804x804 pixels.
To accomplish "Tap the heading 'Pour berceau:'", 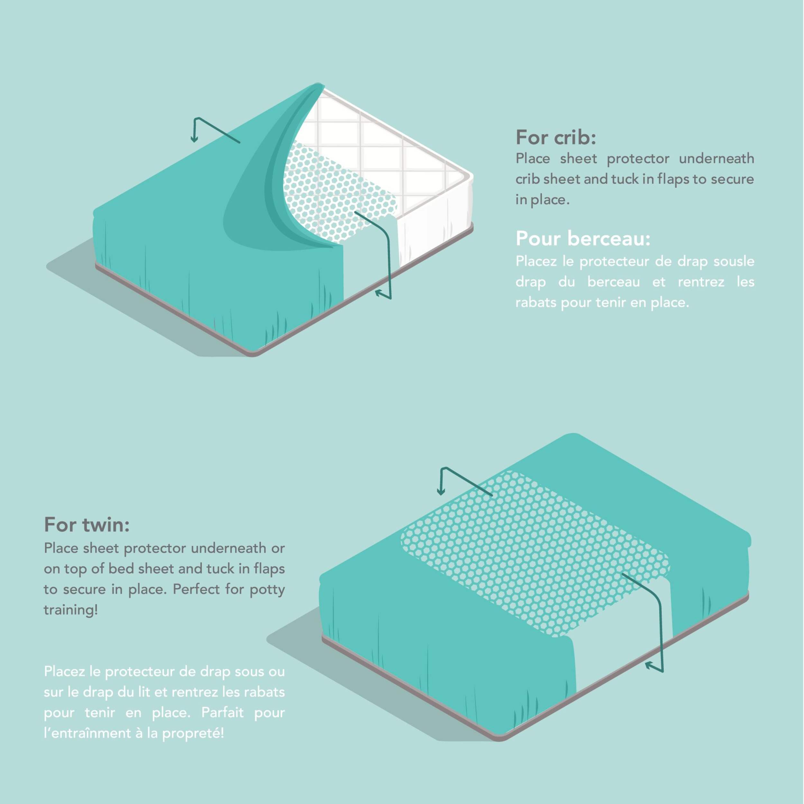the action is click(583, 238).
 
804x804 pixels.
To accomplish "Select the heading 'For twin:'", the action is click(87, 525).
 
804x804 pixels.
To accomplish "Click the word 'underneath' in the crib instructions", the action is click(716, 159).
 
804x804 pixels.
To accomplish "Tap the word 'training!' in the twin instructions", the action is click(71, 610).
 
